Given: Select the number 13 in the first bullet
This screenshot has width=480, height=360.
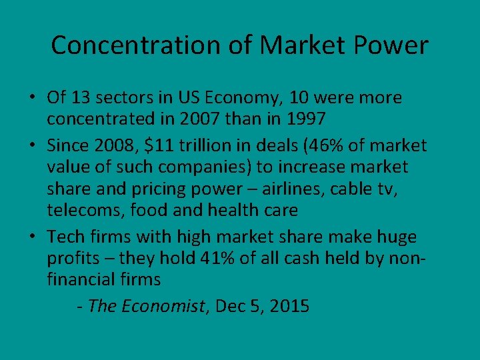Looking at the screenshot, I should [80, 98].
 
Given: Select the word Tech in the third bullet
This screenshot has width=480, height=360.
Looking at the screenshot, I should [65, 237].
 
